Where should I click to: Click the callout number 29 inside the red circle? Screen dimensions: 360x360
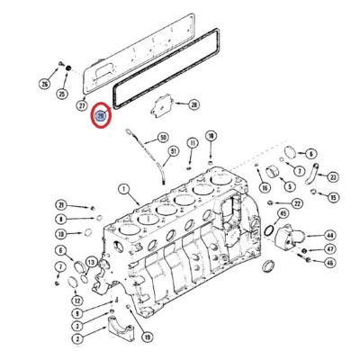[x=101, y=115]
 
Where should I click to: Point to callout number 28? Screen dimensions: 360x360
[x=193, y=105]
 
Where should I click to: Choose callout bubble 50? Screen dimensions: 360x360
[x=164, y=138]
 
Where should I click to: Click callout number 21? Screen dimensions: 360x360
[x=60, y=204]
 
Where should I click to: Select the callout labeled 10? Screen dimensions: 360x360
[x=60, y=233]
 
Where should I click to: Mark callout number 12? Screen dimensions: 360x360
[x=77, y=300]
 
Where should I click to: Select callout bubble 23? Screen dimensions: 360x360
[x=332, y=177]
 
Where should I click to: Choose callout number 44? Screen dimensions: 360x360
[x=329, y=234]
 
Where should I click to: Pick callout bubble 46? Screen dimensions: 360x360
[x=329, y=263]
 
